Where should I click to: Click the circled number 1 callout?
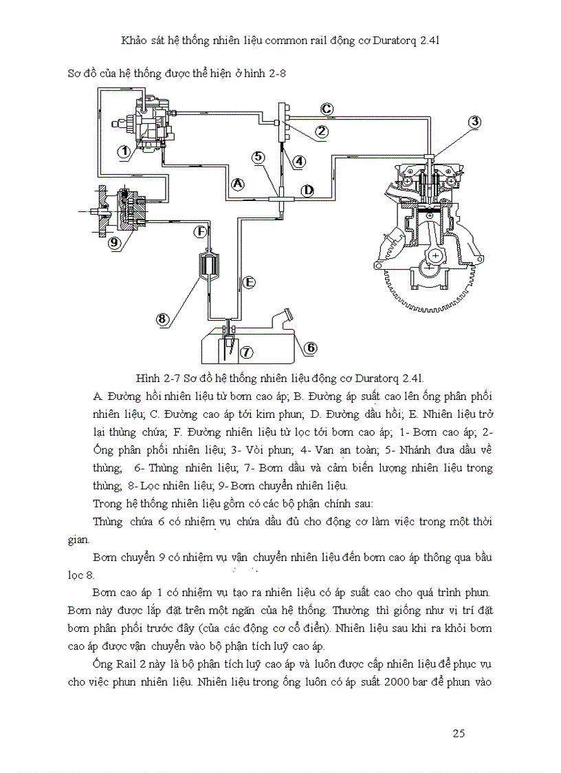tap(124, 152)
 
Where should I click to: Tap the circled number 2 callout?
tap(321, 130)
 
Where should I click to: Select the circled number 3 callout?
tap(474, 122)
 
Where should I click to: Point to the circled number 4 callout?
tap(299, 162)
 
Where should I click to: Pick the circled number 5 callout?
tap(258, 157)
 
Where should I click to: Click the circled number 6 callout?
tap(310, 348)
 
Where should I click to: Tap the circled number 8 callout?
tap(163, 319)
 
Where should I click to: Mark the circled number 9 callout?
tap(114, 242)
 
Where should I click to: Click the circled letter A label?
tap(237, 184)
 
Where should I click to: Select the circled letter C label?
tap(327, 109)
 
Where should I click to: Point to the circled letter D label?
tap(308, 189)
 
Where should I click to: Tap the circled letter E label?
tap(249, 282)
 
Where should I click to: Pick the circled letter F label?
tap(200, 233)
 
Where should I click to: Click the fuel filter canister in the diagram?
tap(207, 264)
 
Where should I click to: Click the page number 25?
tap(459, 733)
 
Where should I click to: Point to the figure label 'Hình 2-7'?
tap(157, 378)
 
